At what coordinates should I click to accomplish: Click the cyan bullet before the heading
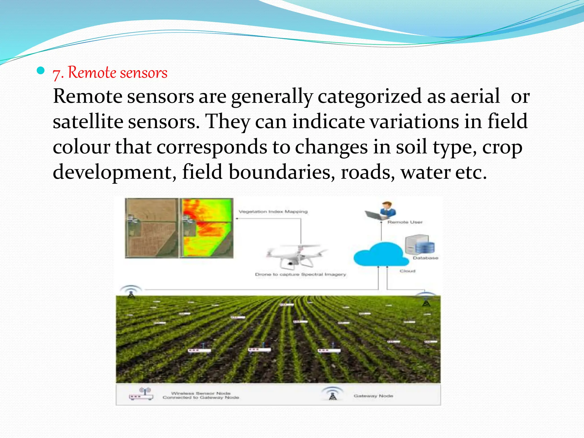(x=41, y=70)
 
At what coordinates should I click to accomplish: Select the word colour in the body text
(x=81, y=147)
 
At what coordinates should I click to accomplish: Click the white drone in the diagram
(x=297, y=255)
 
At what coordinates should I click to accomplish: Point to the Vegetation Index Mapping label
(x=273, y=212)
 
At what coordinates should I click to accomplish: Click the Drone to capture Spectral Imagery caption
(x=300, y=274)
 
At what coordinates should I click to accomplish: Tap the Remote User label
(x=405, y=222)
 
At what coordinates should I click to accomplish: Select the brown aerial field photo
(x=151, y=228)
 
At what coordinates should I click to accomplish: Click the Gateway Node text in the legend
(x=373, y=396)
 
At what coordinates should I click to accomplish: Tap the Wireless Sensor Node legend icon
(x=141, y=394)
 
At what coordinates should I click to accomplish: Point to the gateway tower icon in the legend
(x=332, y=394)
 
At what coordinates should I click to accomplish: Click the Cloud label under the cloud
(x=407, y=271)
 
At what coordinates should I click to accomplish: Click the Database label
(x=425, y=258)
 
